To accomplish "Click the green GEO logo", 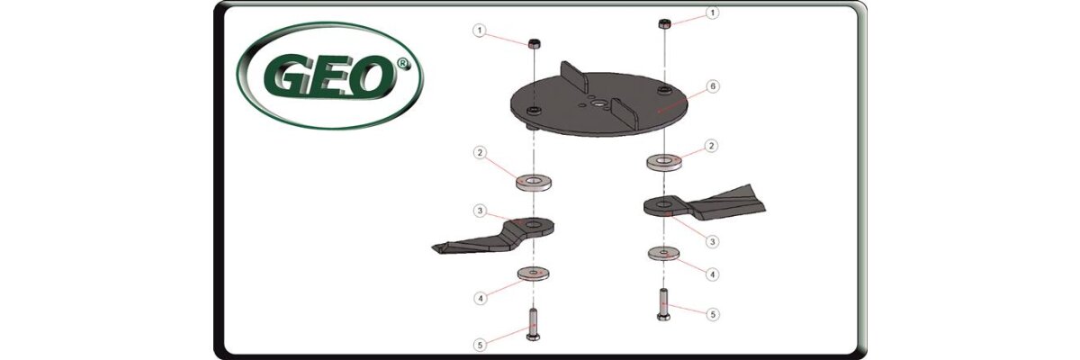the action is (329, 76).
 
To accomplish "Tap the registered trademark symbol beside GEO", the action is (402, 65).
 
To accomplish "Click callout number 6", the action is (713, 86).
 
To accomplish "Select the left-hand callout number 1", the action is (479, 31).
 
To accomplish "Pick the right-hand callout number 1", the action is (713, 13).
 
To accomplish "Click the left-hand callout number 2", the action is (479, 153).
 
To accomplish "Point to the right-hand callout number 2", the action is (712, 146).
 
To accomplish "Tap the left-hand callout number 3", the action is (480, 211).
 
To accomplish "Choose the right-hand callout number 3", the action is (712, 242).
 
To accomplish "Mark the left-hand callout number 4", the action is (481, 298).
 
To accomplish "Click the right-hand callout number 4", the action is (712, 274).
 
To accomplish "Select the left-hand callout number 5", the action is (480, 345).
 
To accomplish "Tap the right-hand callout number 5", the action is (713, 315).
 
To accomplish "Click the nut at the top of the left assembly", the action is (535, 43).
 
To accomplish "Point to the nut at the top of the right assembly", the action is (664, 23).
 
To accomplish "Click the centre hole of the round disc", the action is (600, 103).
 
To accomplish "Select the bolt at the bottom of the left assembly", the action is (533, 324).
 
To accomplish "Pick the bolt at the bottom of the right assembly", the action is (662, 303).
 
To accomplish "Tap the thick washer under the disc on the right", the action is (664, 161).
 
